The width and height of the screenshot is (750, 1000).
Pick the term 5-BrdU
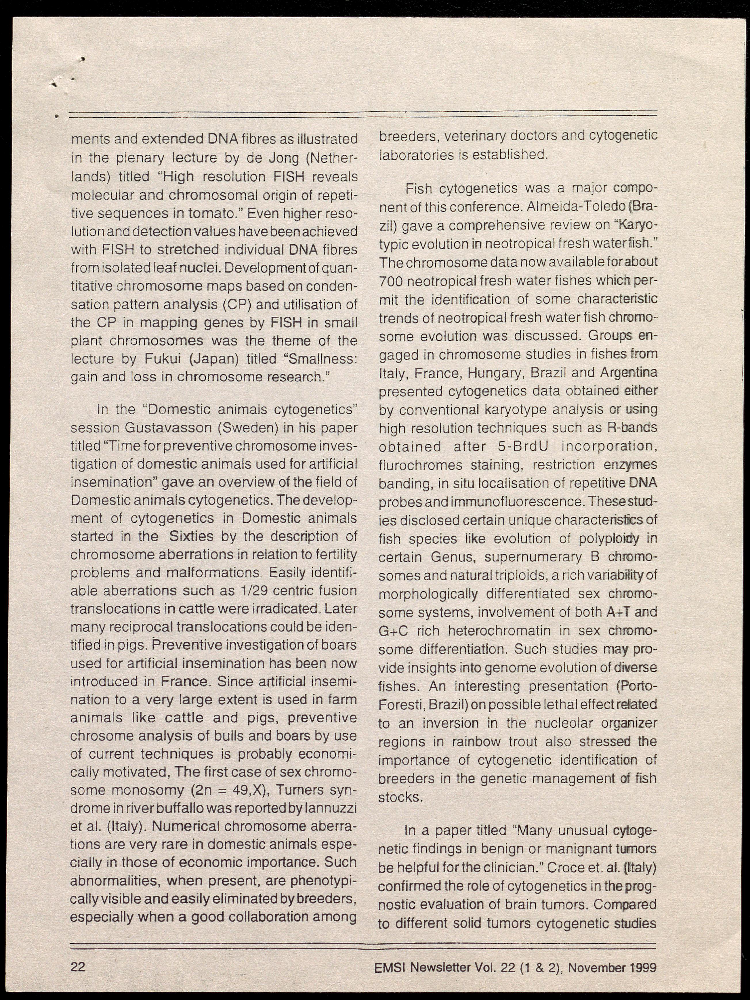[523, 446]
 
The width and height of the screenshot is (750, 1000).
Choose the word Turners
[297, 790]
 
